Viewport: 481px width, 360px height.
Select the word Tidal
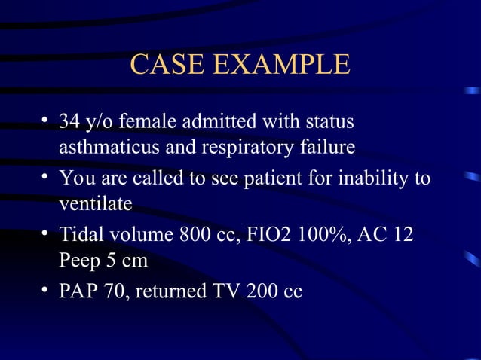point(80,235)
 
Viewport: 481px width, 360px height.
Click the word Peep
point(81,262)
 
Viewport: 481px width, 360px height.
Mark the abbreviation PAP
point(78,291)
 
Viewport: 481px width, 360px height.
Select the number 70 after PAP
point(116,291)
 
